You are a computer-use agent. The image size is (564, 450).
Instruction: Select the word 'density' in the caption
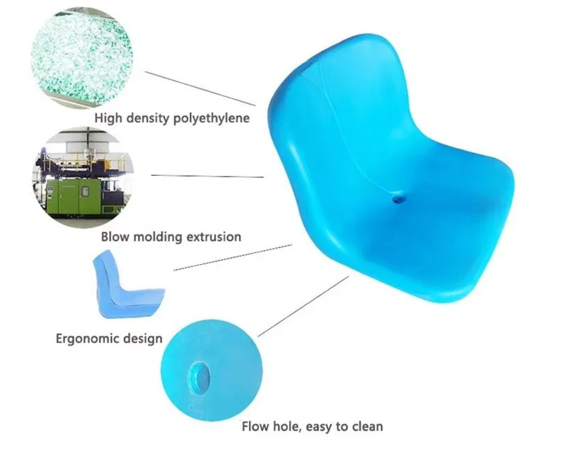point(149,119)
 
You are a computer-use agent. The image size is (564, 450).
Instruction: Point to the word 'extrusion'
point(213,236)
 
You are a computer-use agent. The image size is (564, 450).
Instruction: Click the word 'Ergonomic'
point(86,338)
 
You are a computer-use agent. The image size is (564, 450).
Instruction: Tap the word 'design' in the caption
point(142,338)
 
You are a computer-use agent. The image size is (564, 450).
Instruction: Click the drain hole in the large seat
point(397,199)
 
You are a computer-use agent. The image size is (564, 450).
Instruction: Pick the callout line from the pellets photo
point(200,88)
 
